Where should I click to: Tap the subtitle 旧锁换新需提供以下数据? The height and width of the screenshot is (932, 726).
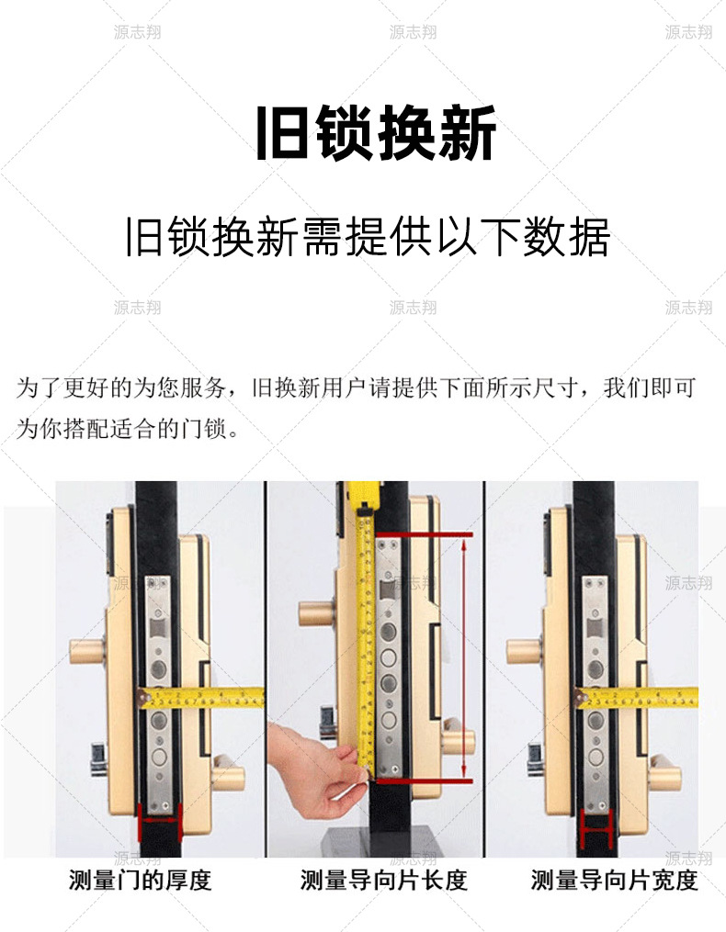[368, 237]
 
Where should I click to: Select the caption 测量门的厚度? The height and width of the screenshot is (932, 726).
[141, 881]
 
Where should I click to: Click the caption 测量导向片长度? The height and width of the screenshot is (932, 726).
[384, 881]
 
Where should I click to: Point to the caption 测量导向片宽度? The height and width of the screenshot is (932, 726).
[614, 881]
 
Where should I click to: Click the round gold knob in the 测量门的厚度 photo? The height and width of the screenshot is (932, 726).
[87, 651]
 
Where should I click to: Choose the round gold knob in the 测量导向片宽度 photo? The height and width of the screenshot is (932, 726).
[524, 651]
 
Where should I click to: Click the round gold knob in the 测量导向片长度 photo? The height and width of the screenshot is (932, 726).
[316, 613]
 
